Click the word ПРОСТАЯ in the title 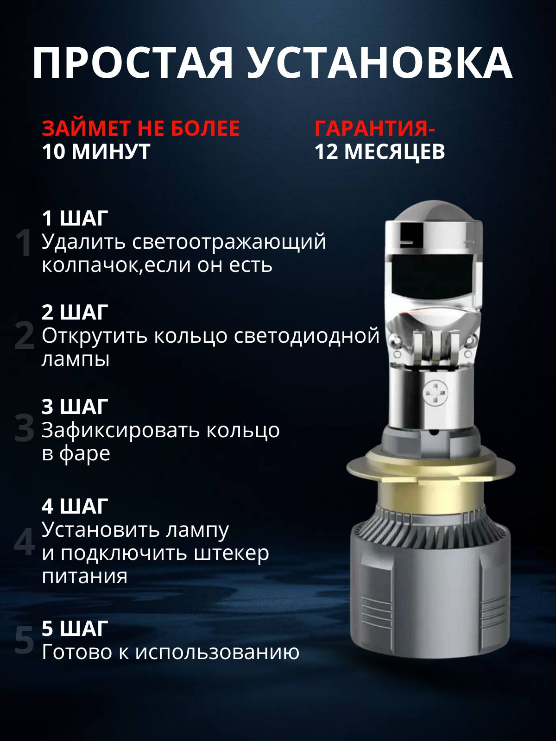(133, 63)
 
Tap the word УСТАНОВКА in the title (379, 63)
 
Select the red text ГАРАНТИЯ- (374, 128)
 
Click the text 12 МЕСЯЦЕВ (379, 151)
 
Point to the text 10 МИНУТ (96, 151)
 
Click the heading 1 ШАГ (75, 218)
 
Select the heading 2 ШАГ (75, 312)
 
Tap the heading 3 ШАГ (75, 407)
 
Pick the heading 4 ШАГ (75, 506)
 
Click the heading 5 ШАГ (75, 628)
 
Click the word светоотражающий (229, 242)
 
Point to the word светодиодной (306, 336)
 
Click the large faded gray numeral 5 (24, 641)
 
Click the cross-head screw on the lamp (436, 394)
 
